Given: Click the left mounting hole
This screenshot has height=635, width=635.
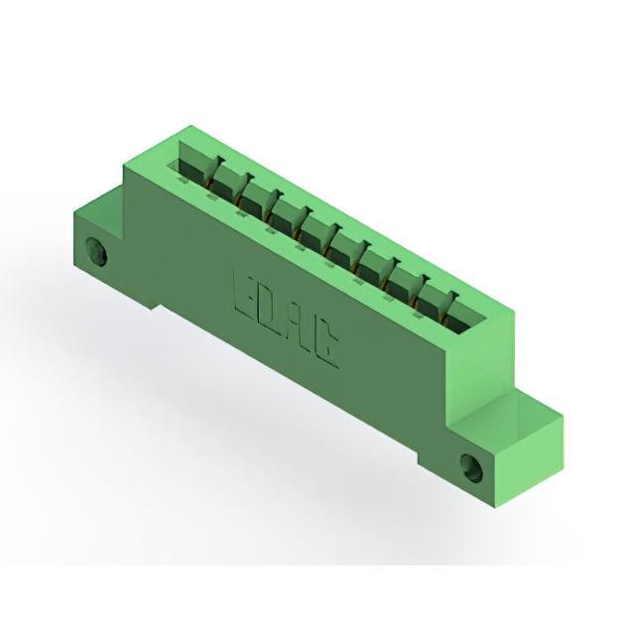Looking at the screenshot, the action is (x=97, y=251).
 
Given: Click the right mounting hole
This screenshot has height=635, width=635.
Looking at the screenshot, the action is (x=472, y=467).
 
